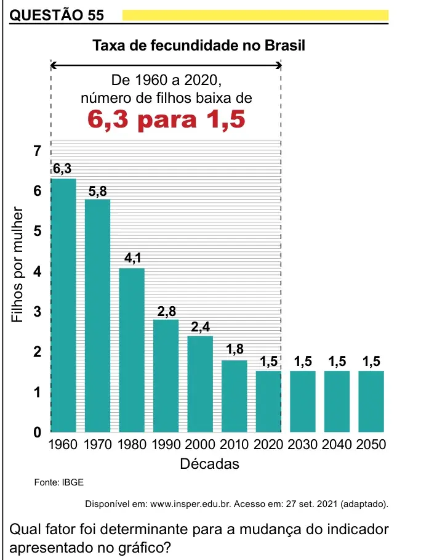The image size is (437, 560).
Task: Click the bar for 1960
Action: point(63,306)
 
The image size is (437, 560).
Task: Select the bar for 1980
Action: point(132,350)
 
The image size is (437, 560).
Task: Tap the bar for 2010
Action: point(235,396)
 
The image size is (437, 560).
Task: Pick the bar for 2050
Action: point(371,402)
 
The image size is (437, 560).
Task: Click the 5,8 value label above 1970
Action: point(98,192)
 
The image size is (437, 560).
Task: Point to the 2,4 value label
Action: point(201,327)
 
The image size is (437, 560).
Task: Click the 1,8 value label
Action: point(235,349)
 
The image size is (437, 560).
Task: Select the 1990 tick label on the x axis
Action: point(166,445)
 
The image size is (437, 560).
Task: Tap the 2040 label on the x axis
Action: point(337,445)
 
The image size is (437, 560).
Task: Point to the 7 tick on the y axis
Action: point(38,151)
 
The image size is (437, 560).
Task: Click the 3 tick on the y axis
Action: point(38,312)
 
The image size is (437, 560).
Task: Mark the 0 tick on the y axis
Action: point(38,432)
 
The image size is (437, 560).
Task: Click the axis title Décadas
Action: point(209,464)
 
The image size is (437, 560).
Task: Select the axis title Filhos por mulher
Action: point(17,265)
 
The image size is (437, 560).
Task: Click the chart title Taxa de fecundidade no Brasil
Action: point(199,46)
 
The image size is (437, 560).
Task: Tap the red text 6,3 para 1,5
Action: point(166,120)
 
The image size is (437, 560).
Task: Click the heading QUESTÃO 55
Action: point(57,15)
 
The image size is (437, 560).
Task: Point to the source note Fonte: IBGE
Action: point(59,482)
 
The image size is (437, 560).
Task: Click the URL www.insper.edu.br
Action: point(191,505)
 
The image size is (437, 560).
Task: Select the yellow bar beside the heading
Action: point(255,15)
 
